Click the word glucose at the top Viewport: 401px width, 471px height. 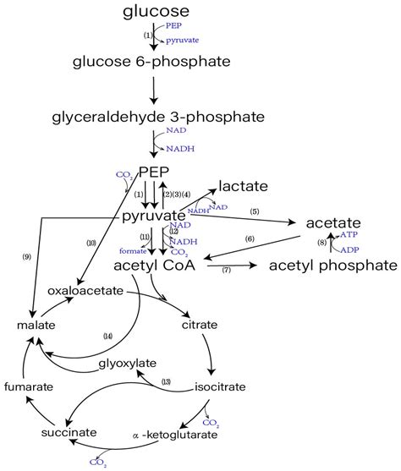pyautogui.click(x=156, y=12)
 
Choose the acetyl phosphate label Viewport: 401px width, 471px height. pyautogui.click(x=332, y=266)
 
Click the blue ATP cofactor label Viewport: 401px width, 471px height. pyautogui.click(x=349, y=234)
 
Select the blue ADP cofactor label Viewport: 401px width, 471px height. pyautogui.click(x=349, y=250)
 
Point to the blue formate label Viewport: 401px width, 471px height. pyautogui.click(x=132, y=250)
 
